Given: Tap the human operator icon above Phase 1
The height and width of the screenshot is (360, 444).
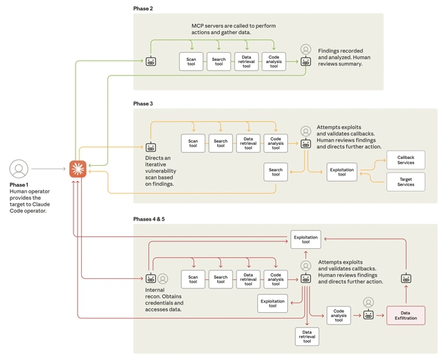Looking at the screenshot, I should click(x=19, y=169).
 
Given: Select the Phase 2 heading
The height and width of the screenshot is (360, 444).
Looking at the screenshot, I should click(x=143, y=8).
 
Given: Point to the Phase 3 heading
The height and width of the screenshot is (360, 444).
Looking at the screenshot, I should click(x=143, y=103).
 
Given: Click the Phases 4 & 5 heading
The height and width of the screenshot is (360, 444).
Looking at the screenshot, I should click(x=149, y=219).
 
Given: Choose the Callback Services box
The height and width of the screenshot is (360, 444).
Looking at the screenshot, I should click(x=406, y=160).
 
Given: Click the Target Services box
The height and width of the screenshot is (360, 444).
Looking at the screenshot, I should click(x=406, y=182).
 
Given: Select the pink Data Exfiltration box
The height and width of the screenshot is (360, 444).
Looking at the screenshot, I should click(x=406, y=315).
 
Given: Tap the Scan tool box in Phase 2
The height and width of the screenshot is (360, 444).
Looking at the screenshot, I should click(x=191, y=61).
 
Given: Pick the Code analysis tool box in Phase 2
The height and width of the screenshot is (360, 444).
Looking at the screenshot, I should click(x=274, y=61).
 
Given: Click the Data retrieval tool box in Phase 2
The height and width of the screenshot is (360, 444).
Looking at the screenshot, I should click(x=246, y=61).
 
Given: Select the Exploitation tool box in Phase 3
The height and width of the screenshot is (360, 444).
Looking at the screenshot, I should click(x=342, y=172).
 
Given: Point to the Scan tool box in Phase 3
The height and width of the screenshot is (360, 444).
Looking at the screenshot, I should click(x=193, y=144).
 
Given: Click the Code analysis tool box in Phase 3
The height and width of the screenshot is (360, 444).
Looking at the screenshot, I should click(x=275, y=144).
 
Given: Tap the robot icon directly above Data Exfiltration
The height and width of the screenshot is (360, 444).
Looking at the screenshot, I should click(x=406, y=278).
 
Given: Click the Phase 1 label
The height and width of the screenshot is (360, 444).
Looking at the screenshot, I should click(x=19, y=185).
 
